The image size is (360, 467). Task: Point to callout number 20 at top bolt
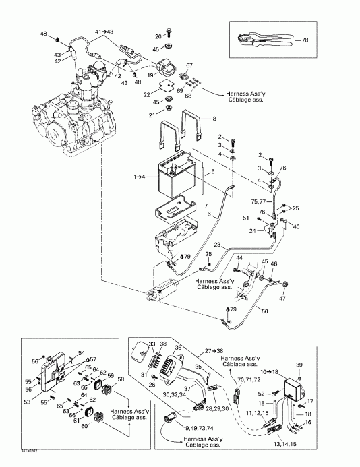pyautogui.click(x=159, y=36)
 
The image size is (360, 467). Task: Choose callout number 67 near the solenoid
pyautogui.click(x=189, y=65)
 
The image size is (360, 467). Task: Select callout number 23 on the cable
pyautogui.click(x=216, y=244)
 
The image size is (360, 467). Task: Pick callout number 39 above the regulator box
pyautogui.click(x=299, y=364)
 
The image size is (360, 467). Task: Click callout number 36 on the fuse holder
pyautogui.click(x=179, y=348)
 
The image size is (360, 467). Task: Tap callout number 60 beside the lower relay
pyautogui.click(x=84, y=426)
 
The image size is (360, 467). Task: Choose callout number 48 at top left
pyautogui.click(x=44, y=34)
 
